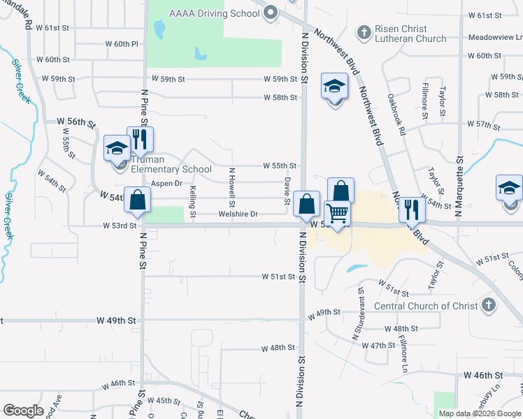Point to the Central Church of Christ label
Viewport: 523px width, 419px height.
(x=426, y=306)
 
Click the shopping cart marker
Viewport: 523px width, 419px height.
(x=337, y=214)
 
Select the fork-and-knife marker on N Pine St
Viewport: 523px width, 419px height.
(x=140, y=141)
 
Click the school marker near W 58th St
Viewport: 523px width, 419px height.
(x=335, y=87)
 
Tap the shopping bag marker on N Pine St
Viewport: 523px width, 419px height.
(x=138, y=200)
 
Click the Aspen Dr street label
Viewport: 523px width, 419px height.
(x=166, y=184)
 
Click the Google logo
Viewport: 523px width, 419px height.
(x=23, y=410)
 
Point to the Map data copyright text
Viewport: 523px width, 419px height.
(x=480, y=413)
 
